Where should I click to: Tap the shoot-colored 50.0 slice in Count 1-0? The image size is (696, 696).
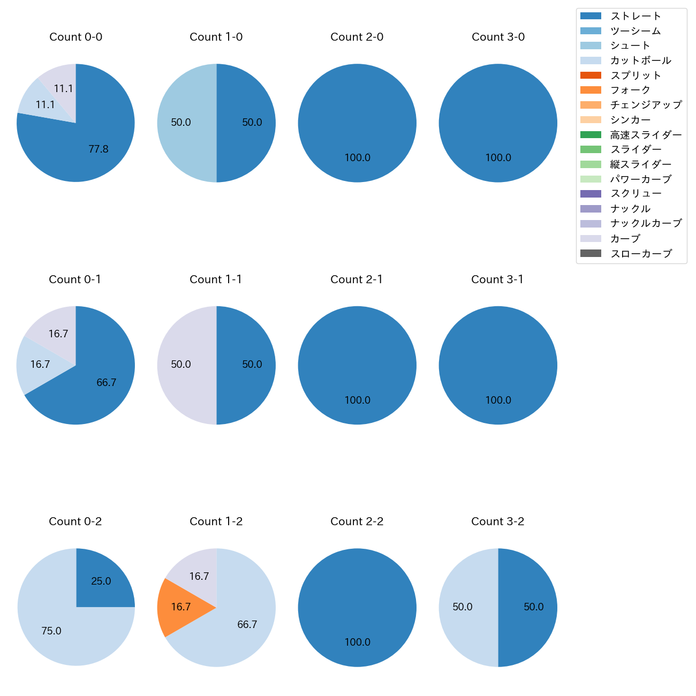182,123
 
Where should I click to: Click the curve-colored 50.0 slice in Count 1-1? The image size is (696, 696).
182,365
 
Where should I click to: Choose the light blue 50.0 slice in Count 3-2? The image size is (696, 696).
464,607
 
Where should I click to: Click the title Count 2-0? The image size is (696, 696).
357,37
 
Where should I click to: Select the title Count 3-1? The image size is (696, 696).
497,279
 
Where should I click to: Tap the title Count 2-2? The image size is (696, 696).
357,521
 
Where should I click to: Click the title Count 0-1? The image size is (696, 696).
75,279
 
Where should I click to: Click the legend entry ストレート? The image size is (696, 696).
636,16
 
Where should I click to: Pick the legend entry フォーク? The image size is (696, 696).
630,90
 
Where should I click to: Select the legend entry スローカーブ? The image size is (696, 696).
641,254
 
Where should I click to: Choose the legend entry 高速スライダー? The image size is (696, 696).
646,135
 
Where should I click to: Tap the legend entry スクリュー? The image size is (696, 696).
636,194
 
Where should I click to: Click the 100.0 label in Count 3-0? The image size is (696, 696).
498,158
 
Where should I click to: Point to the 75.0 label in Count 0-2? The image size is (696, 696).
51,631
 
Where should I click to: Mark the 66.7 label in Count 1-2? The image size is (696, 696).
247,625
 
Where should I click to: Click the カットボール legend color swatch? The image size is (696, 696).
591,60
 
